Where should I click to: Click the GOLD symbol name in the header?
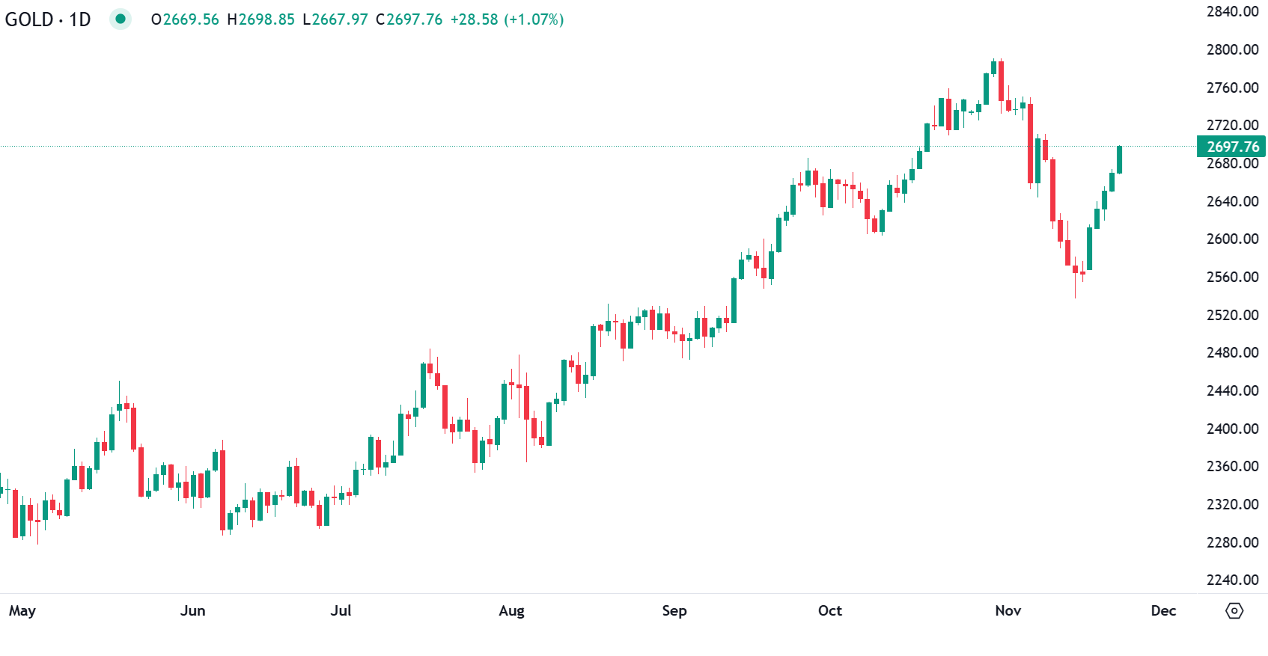point(28,19)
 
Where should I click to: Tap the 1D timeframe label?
point(79,19)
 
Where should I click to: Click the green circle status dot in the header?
point(120,19)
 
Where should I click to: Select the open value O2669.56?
point(185,19)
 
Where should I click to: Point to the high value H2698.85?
point(260,19)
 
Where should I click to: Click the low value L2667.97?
point(335,19)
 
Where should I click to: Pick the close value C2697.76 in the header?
point(409,19)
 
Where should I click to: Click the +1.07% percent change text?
point(534,19)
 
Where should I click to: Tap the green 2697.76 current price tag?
point(1231,147)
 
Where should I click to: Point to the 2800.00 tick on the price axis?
point(1232,49)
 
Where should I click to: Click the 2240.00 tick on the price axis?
point(1232,580)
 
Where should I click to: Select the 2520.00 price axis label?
point(1232,315)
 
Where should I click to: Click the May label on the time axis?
point(22,610)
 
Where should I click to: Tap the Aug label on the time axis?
point(511,610)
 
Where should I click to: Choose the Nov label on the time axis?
point(1008,610)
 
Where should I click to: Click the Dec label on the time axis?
point(1163,610)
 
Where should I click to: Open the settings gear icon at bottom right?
point(1234,610)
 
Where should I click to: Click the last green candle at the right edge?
point(1119,159)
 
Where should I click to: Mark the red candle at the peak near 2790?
point(1001,81)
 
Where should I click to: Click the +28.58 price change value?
point(474,19)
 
